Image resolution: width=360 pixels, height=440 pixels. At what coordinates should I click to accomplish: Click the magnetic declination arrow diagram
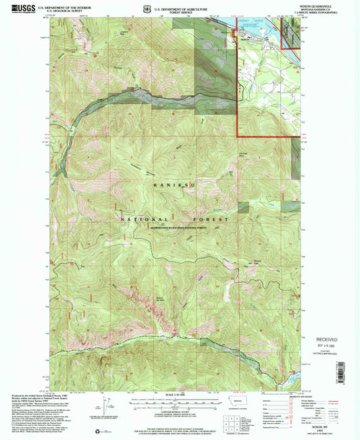(107, 406)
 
